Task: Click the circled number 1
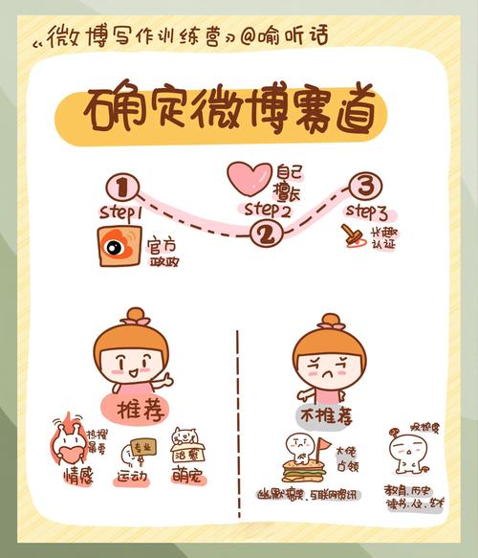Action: (x=121, y=185)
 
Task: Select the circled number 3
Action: (x=362, y=185)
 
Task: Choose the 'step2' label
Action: (x=267, y=208)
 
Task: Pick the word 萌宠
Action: (x=189, y=476)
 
